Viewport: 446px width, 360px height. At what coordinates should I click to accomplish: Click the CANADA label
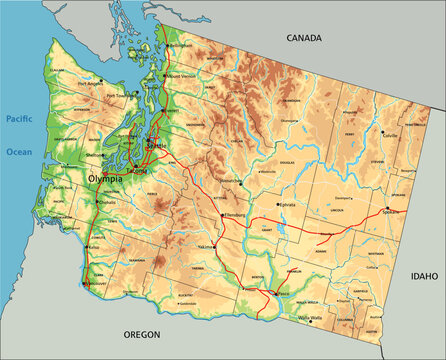[x=304, y=38]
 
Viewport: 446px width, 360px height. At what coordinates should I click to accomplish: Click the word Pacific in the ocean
[x=20, y=118]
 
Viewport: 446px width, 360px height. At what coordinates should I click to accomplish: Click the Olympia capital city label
[x=106, y=179]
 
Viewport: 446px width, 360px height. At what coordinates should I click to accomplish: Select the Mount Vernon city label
[x=183, y=75]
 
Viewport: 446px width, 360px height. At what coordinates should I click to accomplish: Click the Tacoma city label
[x=140, y=172]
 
